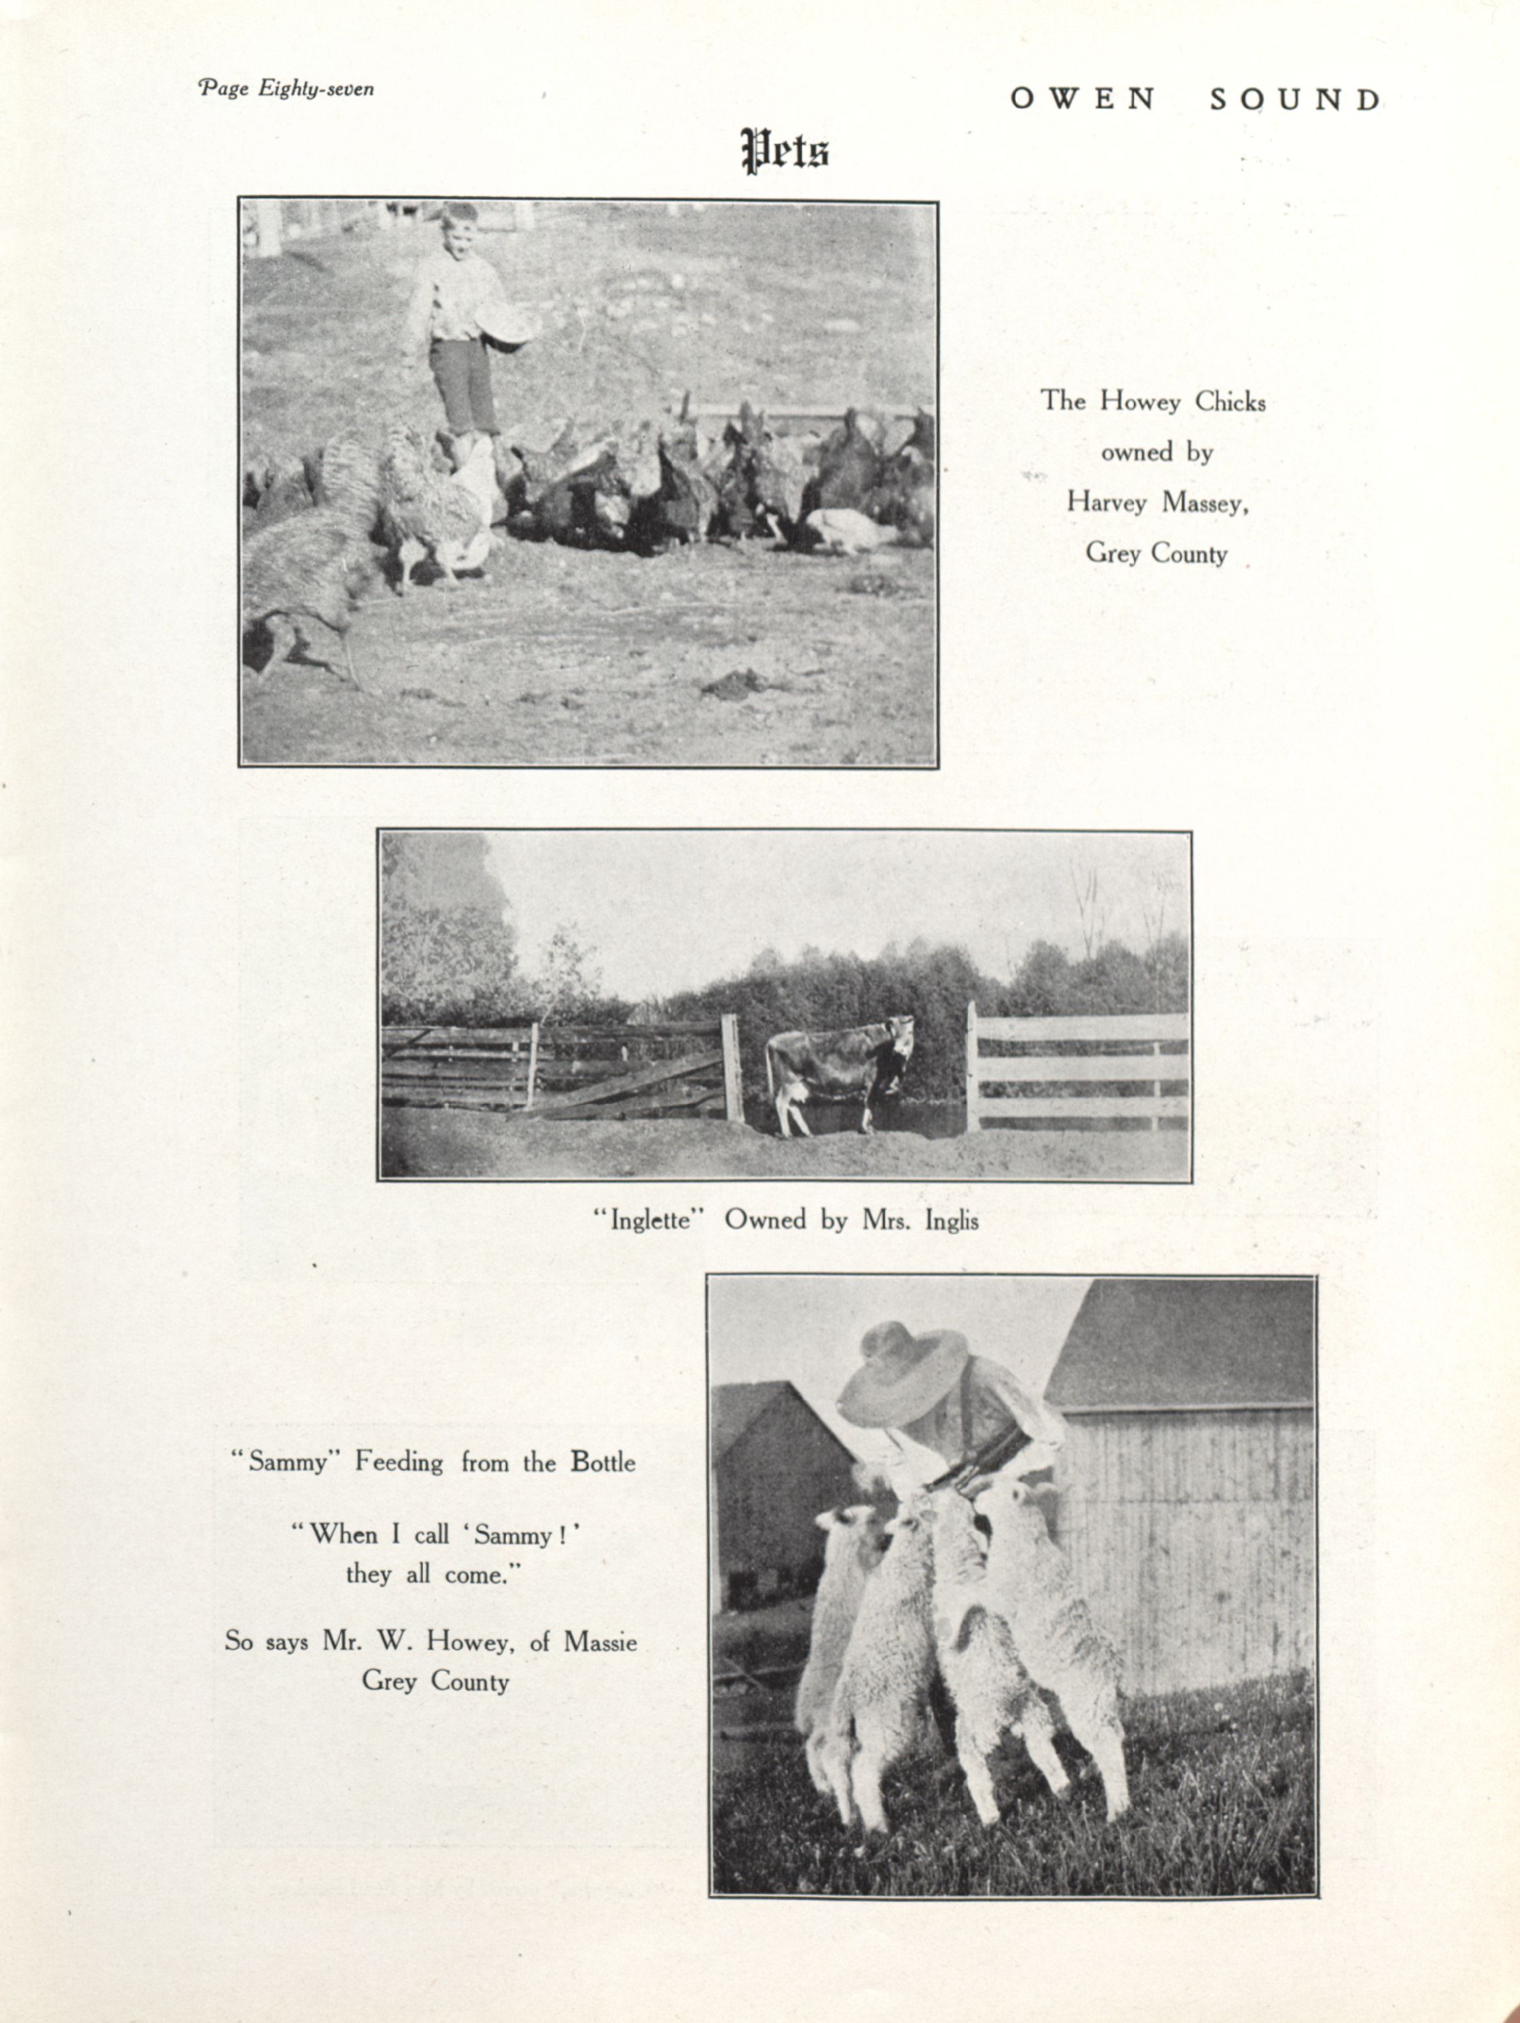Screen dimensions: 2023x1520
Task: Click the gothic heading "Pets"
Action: pos(785,151)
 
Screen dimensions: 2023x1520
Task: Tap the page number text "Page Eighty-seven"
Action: pos(286,89)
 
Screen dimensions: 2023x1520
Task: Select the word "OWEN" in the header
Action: pos(1083,100)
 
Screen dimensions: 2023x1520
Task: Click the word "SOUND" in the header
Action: pos(1295,100)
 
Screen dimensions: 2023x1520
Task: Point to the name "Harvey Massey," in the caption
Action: pos(1157,502)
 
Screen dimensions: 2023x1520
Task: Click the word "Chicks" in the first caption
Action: pos(1230,401)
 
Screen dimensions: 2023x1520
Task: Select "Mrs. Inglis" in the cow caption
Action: pos(920,1221)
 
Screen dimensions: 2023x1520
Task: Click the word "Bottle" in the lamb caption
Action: pos(603,1462)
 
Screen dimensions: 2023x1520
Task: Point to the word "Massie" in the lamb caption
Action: pos(600,1642)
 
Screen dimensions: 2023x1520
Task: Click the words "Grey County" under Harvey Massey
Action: pos(1157,553)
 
